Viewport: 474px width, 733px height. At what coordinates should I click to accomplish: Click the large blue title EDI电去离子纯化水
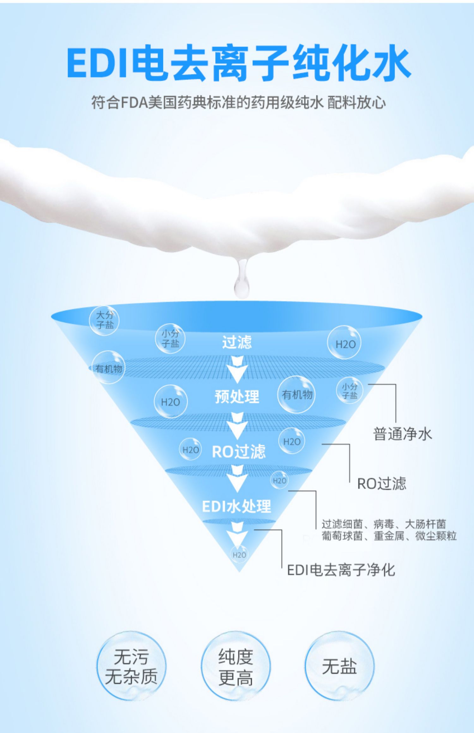pyautogui.click(x=239, y=62)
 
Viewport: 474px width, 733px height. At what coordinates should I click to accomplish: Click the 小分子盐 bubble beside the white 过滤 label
pyautogui.click(x=170, y=338)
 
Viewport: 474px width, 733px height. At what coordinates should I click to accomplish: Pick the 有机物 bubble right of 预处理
pyautogui.click(x=297, y=395)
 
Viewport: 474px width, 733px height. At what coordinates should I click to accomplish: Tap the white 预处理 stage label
pyautogui.click(x=237, y=396)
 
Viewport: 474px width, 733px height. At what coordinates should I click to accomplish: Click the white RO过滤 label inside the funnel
pyautogui.click(x=239, y=451)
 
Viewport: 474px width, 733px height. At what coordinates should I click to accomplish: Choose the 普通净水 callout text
pyautogui.click(x=402, y=434)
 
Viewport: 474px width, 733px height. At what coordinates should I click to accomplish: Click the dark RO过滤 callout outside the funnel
pyautogui.click(x=381, y=483)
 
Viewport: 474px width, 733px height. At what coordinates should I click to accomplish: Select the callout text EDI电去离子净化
pyautogui.click(x=341, y=570)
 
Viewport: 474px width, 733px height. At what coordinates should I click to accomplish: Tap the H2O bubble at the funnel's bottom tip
pyautogui.click(x=239, y=555)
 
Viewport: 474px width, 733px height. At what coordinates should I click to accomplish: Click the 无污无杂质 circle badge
pyautogui.click(x=131, y=666)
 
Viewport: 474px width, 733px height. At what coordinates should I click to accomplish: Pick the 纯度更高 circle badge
pyautogui.click(x=236, y=666)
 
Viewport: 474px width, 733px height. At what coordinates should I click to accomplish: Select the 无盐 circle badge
pyautogui.click(x=339, y=666)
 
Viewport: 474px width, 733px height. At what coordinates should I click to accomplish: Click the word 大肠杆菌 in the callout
pyautogui.click(x=425, y=524)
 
